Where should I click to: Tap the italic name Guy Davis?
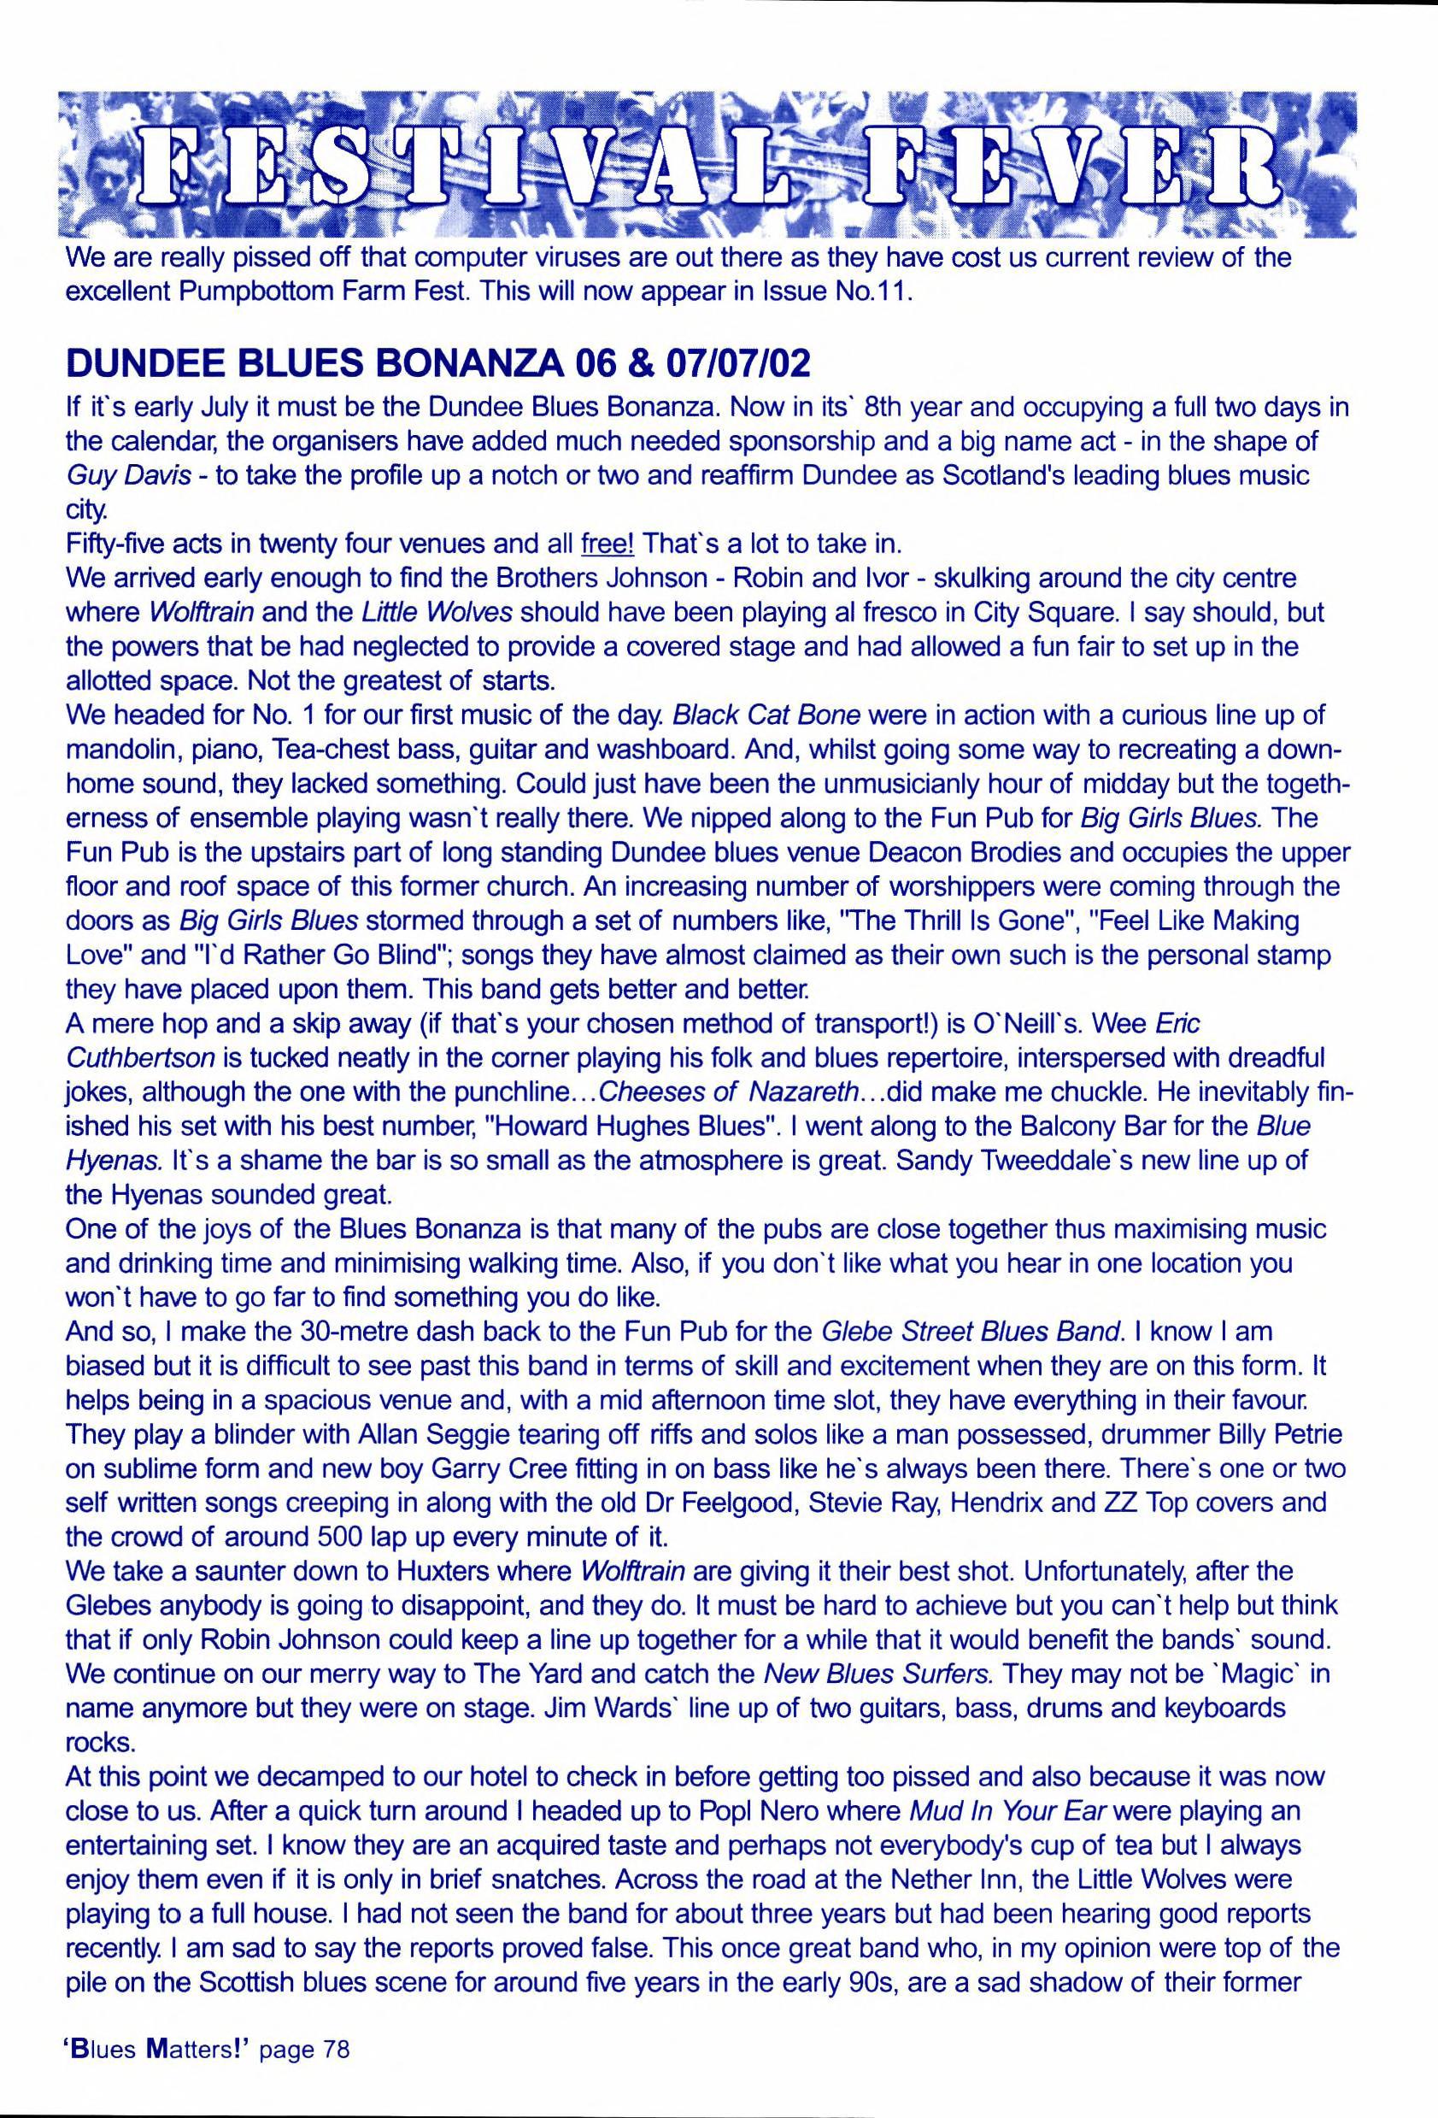point(128,477)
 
